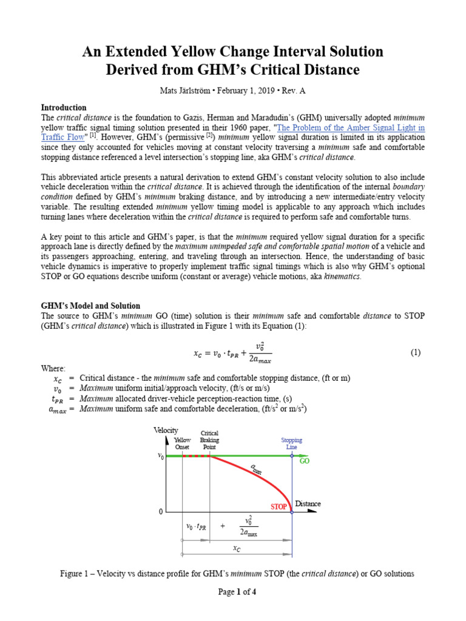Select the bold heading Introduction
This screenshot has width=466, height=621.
coord(64,107)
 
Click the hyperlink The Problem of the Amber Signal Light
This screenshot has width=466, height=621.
coord(351,128)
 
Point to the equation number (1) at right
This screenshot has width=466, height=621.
coord(415,352)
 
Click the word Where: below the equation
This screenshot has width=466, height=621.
coord(53,368)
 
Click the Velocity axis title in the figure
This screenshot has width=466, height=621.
coord(166,430)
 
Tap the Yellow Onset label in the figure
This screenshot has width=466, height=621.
coord(182,443)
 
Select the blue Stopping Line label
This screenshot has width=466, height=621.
coord(292,443)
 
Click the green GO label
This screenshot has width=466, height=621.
coord(304,462)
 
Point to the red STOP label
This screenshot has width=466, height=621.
coord(279,506)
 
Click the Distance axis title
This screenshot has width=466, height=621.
coord(308,504)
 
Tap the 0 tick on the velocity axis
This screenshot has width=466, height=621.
coord(161,512)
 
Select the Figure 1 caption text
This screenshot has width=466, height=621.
coord(237,574)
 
